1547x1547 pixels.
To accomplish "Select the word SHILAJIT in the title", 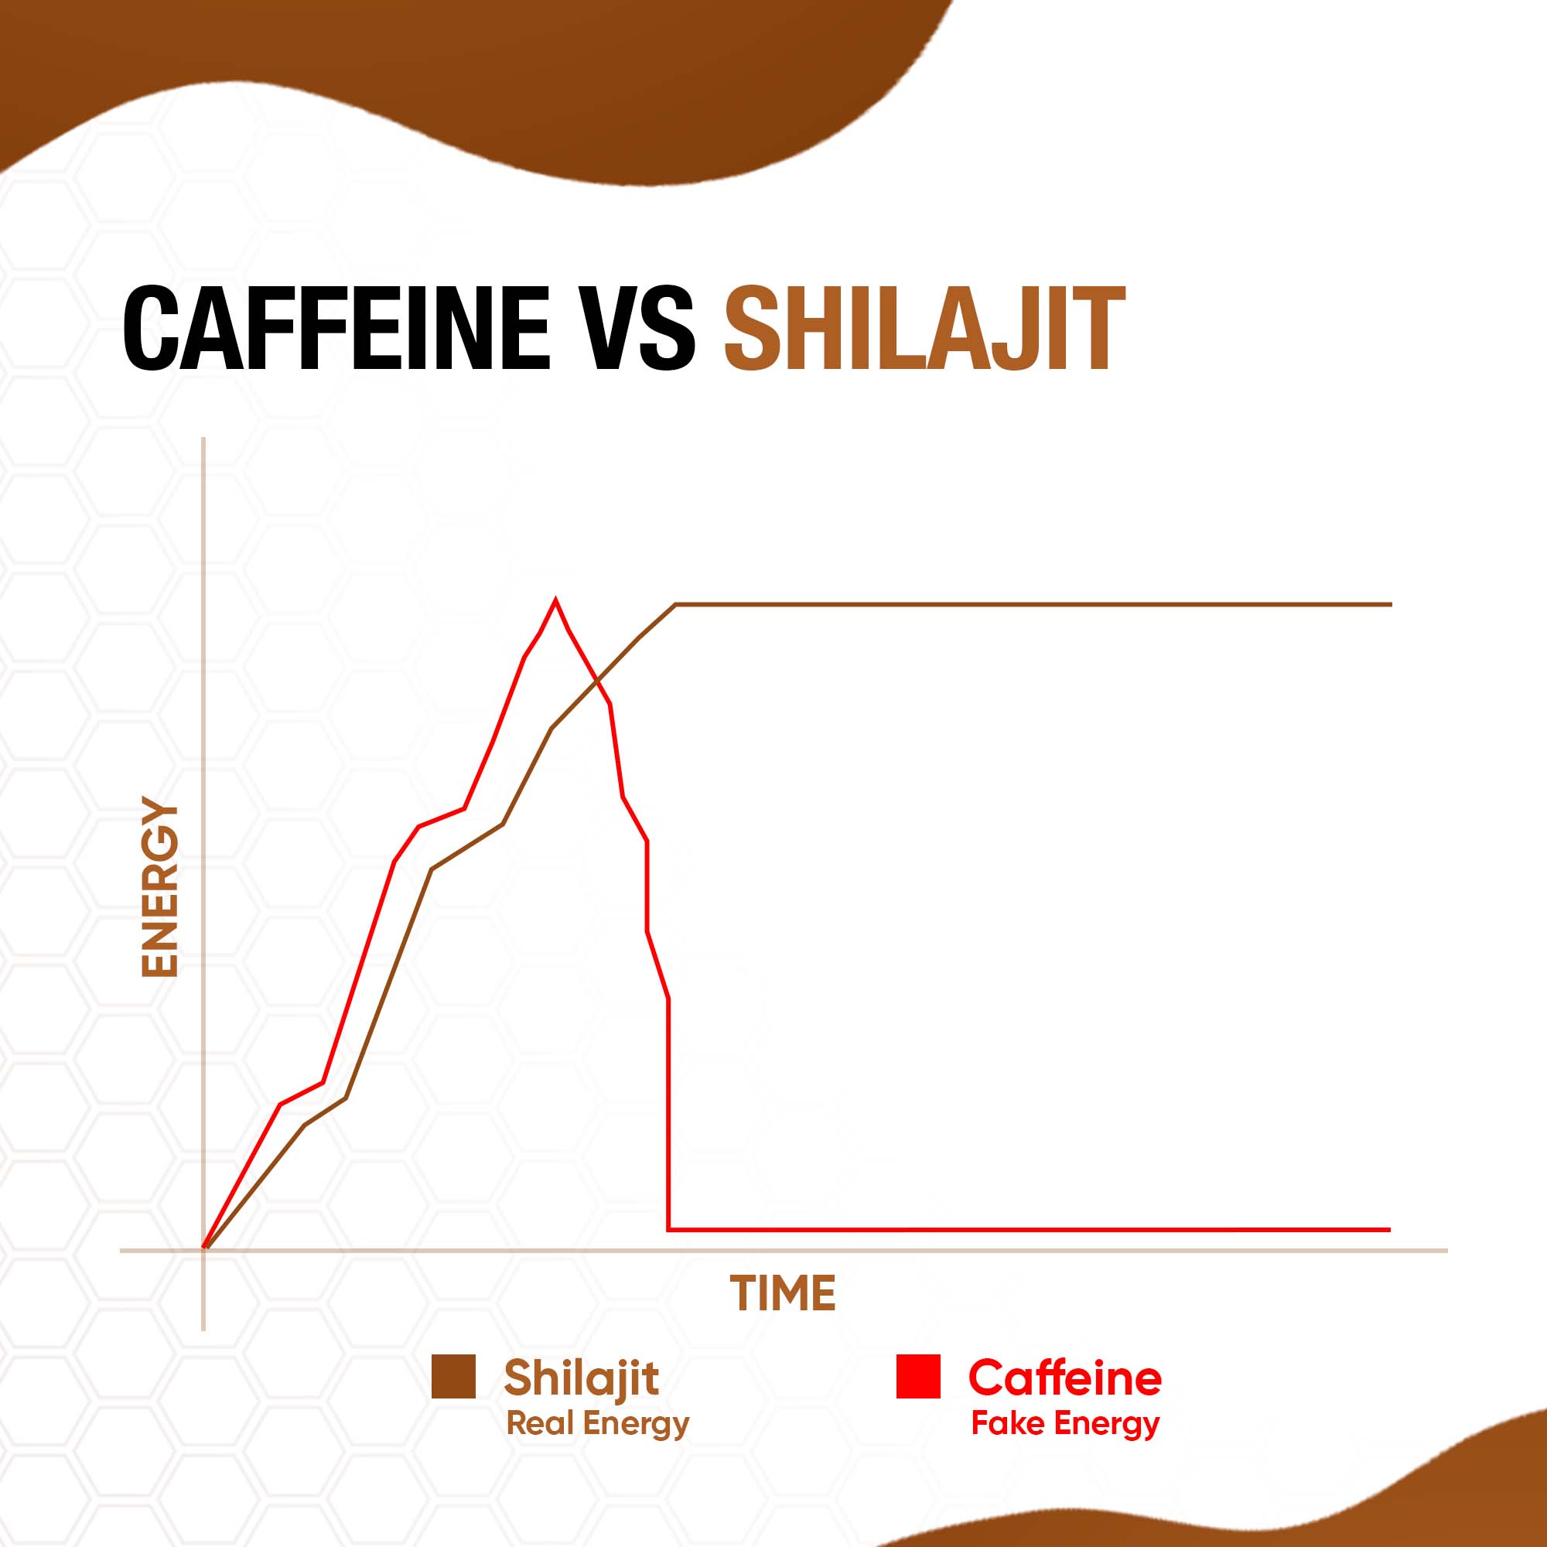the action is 925,327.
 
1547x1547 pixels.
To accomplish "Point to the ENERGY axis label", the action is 159,886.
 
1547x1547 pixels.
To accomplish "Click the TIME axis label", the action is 782,1293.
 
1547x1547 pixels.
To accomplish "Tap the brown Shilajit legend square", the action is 453,1377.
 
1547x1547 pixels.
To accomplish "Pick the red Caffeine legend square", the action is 918,1377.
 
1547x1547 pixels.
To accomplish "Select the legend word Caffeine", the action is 1065,1378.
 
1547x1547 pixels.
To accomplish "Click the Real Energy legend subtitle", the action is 598,1424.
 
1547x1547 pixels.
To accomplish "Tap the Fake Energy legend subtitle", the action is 1066,1424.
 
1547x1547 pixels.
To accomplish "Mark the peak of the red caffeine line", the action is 555,599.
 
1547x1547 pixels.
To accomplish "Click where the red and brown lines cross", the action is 596,681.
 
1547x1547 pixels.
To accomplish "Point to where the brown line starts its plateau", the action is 676,605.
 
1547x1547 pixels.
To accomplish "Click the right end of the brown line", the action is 1392,605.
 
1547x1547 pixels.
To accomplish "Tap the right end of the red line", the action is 1391,1229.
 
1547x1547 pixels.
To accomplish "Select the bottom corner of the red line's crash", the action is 668,1229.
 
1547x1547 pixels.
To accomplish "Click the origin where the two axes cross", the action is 204,1250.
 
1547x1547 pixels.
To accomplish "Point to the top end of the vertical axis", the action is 204,438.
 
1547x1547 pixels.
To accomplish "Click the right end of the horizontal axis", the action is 1448,1250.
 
